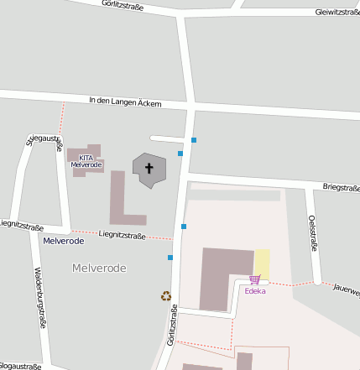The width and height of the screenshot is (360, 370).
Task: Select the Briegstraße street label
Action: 341,188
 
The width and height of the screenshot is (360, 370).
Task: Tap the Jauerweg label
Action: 346,289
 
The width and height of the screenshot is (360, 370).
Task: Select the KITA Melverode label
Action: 86,160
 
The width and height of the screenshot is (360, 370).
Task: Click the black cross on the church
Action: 150,169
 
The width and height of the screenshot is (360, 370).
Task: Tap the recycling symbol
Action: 165,295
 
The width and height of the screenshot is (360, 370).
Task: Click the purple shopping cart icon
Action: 254,279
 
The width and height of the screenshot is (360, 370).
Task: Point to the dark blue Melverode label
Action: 63,240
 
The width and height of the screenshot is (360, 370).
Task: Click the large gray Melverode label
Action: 99,268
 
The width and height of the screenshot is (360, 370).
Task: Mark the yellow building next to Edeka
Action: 262,263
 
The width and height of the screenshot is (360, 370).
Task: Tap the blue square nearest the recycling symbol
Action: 170,258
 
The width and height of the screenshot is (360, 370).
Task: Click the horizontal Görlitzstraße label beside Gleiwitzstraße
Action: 122,6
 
